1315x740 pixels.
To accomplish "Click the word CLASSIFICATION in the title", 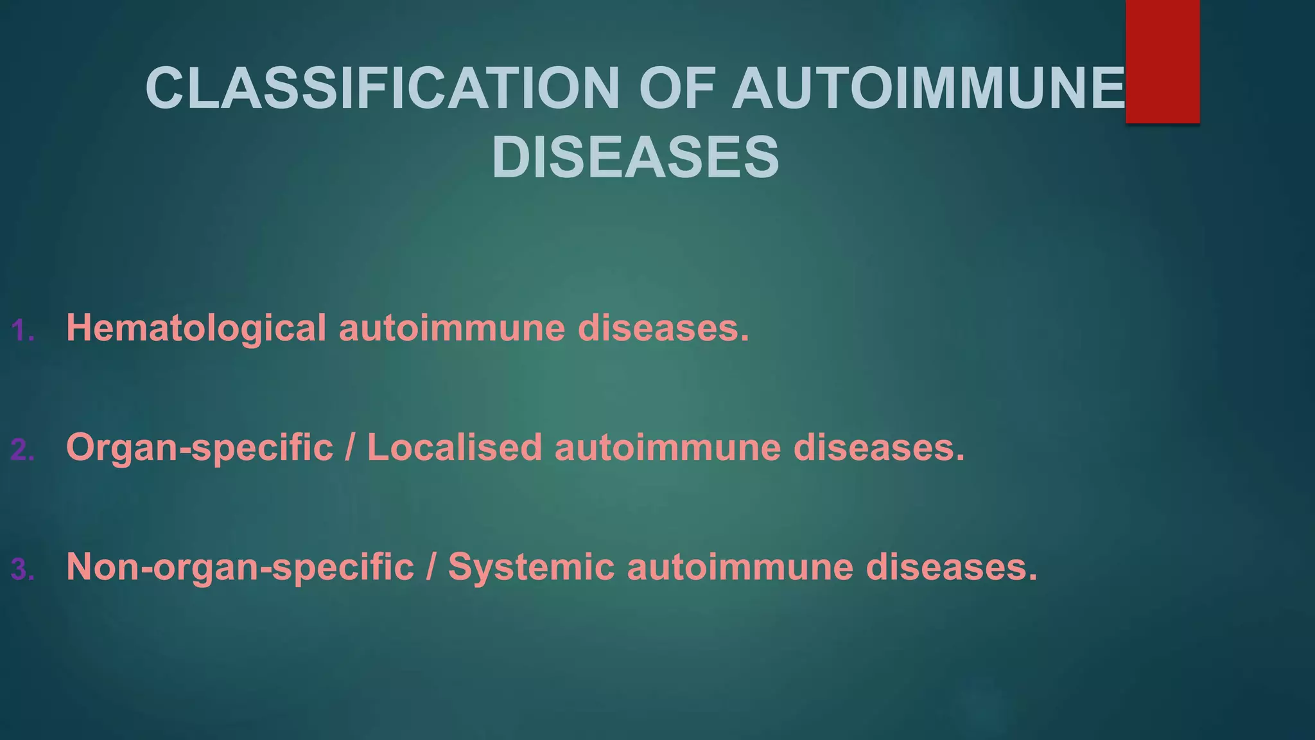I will pyautogui.click(x=382, y=88).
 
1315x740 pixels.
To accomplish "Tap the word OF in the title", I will pyautogui.click(x=675, y=88).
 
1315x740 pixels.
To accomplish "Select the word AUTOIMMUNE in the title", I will pyautogui.click(x=928, y=88).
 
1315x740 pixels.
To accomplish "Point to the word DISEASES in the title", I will pyautogui.click(x=636, y=158).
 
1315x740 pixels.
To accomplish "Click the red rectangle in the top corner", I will pyautogui.click(x=1162, y=61).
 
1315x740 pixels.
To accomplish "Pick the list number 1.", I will pyautogui.click(x=22, y=331).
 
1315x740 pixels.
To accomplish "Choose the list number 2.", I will pyautogui.click(x=22, y=450).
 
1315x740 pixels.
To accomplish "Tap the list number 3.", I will pyautogui.click(x=22, y=570).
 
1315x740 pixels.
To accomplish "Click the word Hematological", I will pyautogui.click(x=196, y=328).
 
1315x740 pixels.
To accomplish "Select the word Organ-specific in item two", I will pyautogui.click(x=200, y=448).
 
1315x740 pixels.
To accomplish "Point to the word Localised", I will pyautogui.click(x=455, y=447).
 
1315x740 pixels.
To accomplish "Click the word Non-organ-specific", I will pyautogui.click(x=240, y=567).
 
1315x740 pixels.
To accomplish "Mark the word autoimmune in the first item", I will pyautogui.click(x=451, y=328).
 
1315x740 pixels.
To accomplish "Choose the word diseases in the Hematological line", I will pyautogui.click(x=663, y=328).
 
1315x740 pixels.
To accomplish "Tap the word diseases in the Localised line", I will pyautogui.click(x=879, y=447).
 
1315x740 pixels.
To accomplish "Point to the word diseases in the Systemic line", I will pyautogui.click(x=951, y=567).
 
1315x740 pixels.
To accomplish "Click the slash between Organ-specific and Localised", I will pyautogui.click(x=350, y=447).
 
